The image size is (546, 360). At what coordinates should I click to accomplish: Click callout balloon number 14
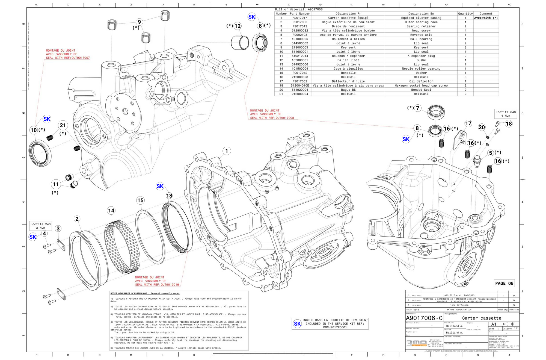click(111, 211)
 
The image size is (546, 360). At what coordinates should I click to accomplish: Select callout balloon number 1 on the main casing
click(227, 151)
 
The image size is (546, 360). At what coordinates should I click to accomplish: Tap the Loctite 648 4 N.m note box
click(506, 114)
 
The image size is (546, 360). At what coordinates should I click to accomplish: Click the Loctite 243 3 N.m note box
click(40, 226)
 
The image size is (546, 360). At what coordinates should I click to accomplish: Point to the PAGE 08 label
click(504, 283)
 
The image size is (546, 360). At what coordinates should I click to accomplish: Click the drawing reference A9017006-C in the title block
click(424, 318)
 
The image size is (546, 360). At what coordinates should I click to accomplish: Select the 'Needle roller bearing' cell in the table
click(421, 69)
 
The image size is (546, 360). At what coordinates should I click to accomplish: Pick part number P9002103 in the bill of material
click(299, 35)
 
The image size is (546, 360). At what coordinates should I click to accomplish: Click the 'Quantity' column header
click(465, 14)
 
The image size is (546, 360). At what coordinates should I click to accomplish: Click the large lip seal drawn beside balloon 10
click(40, 153)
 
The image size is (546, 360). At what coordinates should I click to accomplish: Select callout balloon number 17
click(468, 123)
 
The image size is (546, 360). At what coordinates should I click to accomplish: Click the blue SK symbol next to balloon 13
click(160, 186)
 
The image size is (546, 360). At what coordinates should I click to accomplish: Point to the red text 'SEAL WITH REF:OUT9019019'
click(157, 285)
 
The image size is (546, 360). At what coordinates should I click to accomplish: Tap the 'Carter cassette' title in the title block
click(482, 318)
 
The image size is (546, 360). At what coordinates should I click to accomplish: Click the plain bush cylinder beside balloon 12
click(240, 43)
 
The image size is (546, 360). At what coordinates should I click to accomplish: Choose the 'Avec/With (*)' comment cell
click(486, 18)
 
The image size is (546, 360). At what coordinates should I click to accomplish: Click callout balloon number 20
click(482, 127)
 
